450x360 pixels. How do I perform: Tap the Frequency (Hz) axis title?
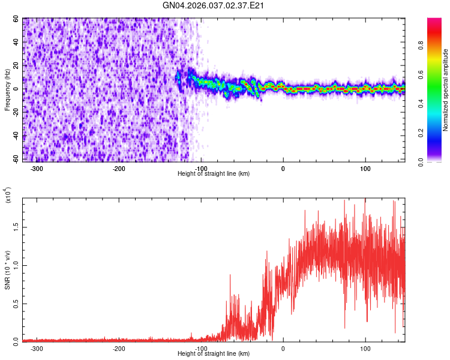[8, 89]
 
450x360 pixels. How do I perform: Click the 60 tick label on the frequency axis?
[16, 19]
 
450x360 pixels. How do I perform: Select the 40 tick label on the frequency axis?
[16, 43]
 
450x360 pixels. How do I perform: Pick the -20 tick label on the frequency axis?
[15, 113]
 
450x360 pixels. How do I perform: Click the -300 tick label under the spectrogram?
[37, 168]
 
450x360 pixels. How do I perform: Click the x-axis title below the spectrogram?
[214, 173]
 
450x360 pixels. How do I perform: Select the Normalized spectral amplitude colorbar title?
[446, 90]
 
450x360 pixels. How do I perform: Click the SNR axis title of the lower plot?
[8, 269]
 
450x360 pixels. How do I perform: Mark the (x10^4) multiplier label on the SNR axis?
[8, 195]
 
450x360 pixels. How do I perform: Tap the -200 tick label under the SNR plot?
[119, 348]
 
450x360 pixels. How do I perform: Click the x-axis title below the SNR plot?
[214, 353]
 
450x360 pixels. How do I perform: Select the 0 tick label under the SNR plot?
[283, 348]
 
